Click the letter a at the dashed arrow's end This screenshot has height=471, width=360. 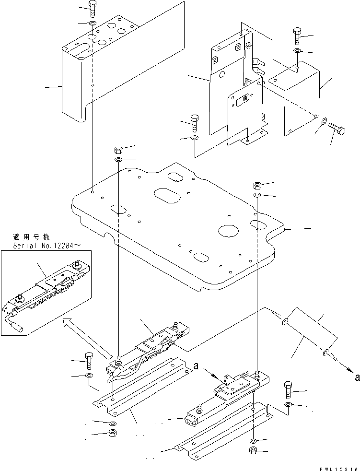coord(357,377)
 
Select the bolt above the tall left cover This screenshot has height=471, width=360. coord(92,8)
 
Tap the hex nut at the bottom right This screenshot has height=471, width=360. coord(253,451)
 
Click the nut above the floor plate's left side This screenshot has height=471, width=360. coord(118,149)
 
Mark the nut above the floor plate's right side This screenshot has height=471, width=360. coord(257,185)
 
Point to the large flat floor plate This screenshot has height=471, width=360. coord(177,225)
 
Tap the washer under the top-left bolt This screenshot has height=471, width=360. coord(92,23)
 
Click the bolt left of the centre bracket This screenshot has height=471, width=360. coord(195,122)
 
